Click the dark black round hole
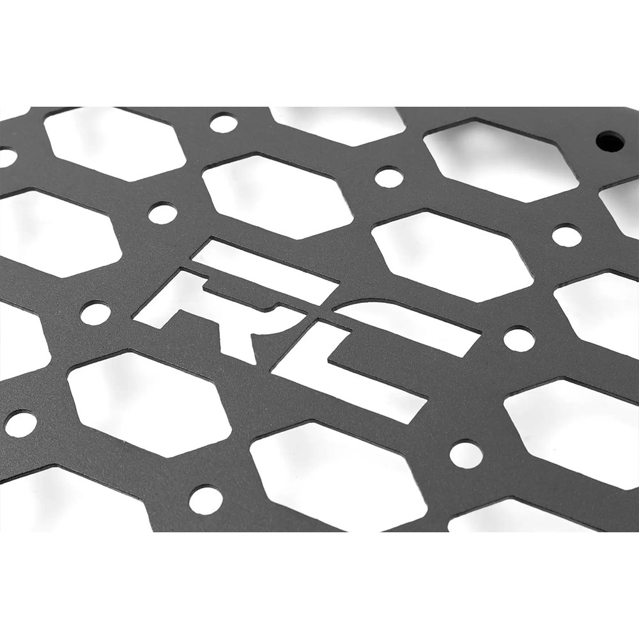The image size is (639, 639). (x=611, y=142)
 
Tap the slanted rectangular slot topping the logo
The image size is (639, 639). (x=265, y=264)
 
